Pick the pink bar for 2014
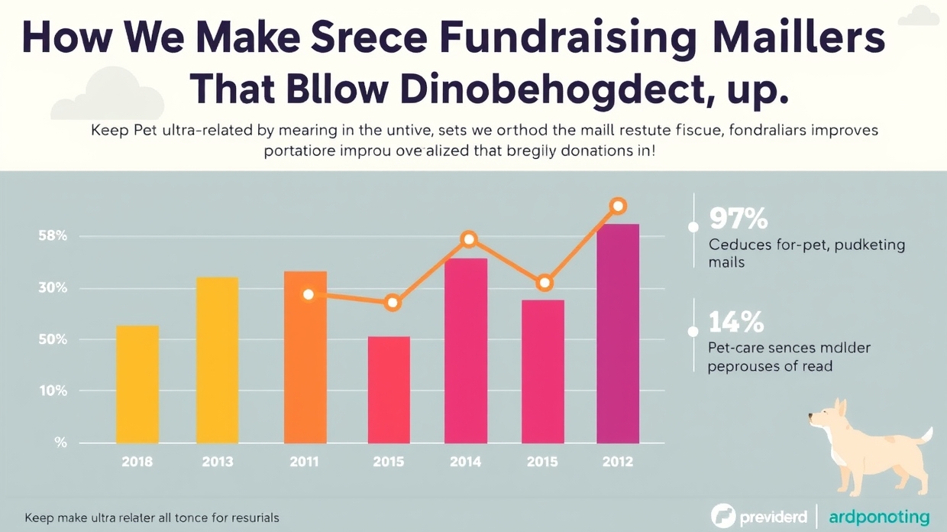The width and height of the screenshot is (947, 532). [466, 351]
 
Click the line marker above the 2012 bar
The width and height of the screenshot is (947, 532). [619, 206]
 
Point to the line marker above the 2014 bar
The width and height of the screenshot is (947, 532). [469, 239]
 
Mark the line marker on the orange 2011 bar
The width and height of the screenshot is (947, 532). [309, 294]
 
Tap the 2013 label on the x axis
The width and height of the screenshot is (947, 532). [218, 462]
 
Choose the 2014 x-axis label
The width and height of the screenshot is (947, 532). [465, 462]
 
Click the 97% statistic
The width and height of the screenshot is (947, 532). [738, 219]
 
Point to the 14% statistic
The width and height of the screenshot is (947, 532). [736, 322]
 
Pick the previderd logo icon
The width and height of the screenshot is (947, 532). [722, 516]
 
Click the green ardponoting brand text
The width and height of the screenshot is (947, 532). [880, 517]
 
